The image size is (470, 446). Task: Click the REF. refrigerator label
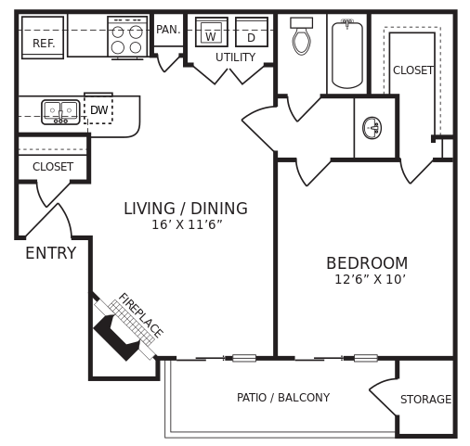44,44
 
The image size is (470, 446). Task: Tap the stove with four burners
126,39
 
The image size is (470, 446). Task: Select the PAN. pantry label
168,30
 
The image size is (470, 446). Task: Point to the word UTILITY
235,57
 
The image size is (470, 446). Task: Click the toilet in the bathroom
301,38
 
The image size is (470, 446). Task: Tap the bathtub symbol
347,54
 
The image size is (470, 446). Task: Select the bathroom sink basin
372,128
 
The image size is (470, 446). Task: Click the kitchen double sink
60,112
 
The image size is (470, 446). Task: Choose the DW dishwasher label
98,110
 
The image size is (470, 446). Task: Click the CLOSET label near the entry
53,167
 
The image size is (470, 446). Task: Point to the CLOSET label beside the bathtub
413,70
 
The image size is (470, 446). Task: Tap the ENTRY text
50,253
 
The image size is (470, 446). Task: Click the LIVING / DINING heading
186,209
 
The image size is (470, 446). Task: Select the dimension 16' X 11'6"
187,225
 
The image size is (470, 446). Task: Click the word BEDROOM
367,263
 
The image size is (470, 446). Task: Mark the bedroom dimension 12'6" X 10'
370,280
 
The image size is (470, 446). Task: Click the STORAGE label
425,400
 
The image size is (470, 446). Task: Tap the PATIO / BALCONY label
283,398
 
